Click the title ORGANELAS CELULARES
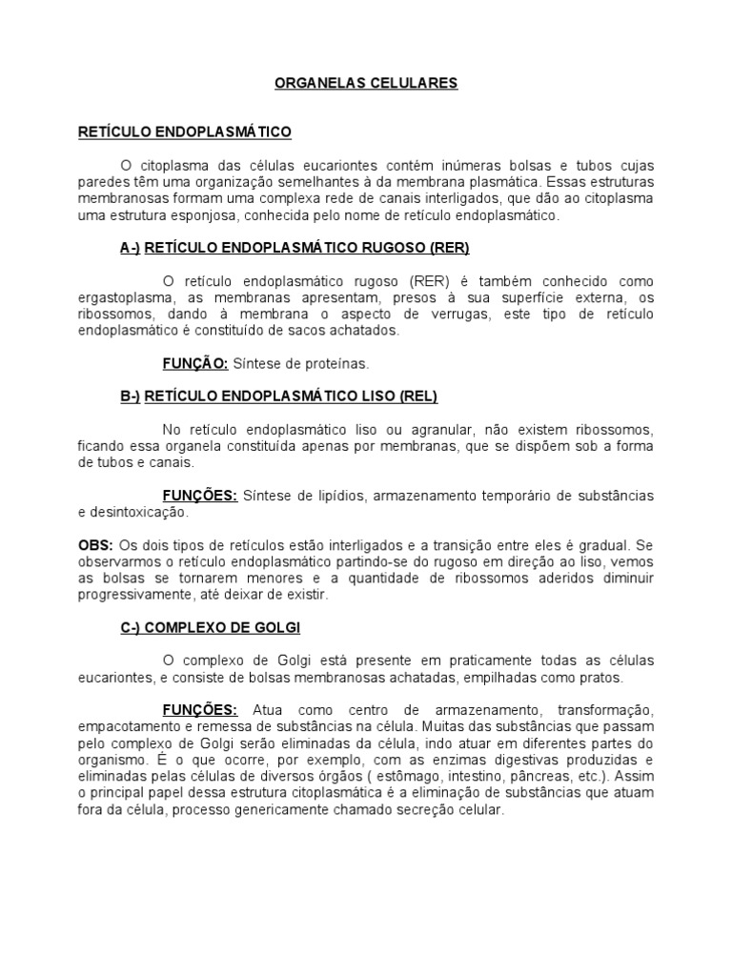(x=366, y=83)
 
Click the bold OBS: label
(x=95, y=544)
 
